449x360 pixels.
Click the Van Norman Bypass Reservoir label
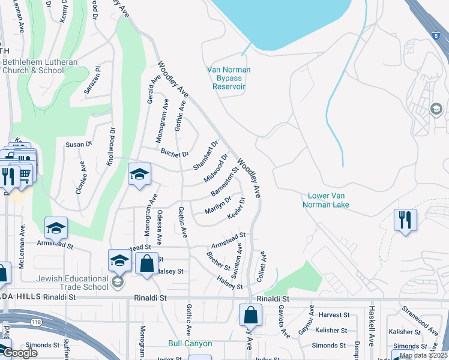click(229, 78)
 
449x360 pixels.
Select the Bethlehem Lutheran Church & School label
click(33, 66)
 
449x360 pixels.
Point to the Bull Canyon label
click(190, 344)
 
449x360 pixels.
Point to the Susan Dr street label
click(79, 144)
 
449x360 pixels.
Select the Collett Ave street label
click(262, 263)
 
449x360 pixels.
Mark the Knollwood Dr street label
click(110, 146)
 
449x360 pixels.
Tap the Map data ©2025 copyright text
click(423, 355)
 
